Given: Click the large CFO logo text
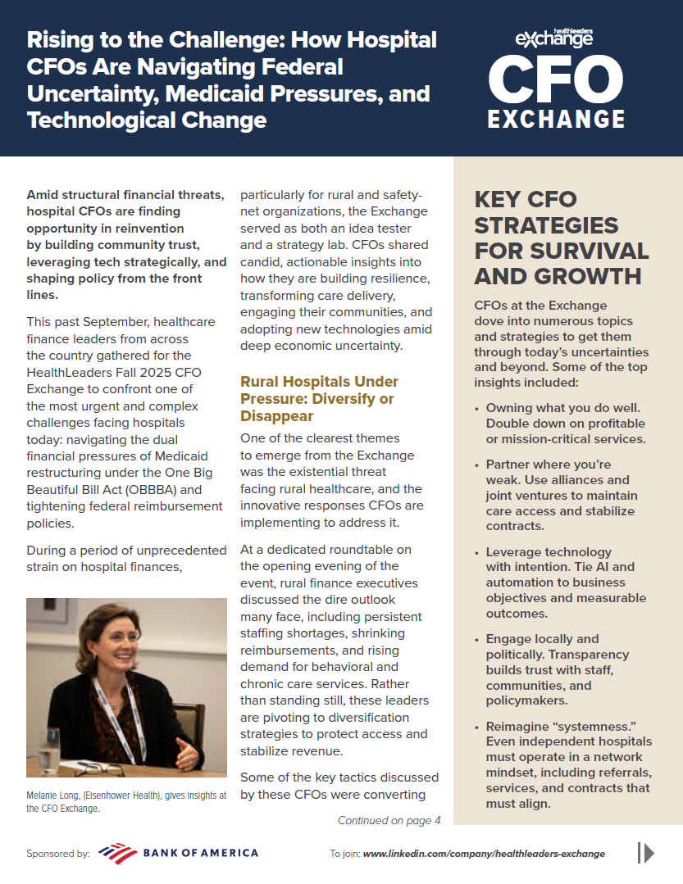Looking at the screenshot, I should click(x=555, y=78).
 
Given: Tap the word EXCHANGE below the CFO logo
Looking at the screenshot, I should click(x=556, y=119).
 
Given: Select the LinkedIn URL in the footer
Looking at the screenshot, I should click(x=484, y=854).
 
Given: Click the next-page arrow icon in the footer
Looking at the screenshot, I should click(x=646, y=853).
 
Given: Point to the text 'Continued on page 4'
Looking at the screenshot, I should click(x=389, y=820).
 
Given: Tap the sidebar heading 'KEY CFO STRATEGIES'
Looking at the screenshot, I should click(x=561, y=238).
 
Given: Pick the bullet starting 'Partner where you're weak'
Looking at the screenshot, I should click(x=561, y=496).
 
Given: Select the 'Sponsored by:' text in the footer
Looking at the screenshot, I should click(x=58, y=854).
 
